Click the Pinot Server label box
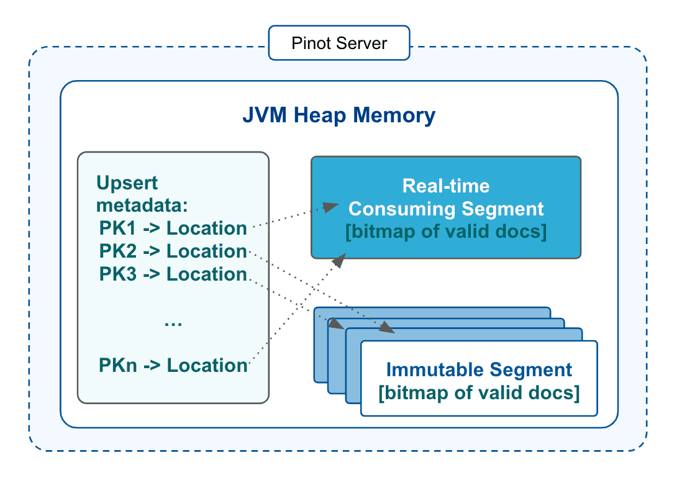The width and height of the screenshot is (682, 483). point(339,43)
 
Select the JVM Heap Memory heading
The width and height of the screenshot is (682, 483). point(339,115)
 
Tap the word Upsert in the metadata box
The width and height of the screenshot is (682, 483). point(127,184)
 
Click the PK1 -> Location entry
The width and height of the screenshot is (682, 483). point(173,228)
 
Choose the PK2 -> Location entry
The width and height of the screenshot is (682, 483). point(173,251)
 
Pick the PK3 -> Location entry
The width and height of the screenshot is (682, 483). point(173,274)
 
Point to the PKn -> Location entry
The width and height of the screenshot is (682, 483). point(173,365)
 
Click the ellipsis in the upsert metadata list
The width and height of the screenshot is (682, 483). point(173,323)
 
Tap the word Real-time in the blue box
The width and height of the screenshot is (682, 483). point(445,186)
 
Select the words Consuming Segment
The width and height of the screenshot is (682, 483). point(445,209)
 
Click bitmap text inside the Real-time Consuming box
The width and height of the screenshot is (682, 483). point(445,232)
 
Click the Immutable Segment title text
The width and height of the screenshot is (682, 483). point(478,370)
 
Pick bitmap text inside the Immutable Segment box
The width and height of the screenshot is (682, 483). point(478,393)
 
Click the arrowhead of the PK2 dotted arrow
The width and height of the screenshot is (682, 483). point(388,330)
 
